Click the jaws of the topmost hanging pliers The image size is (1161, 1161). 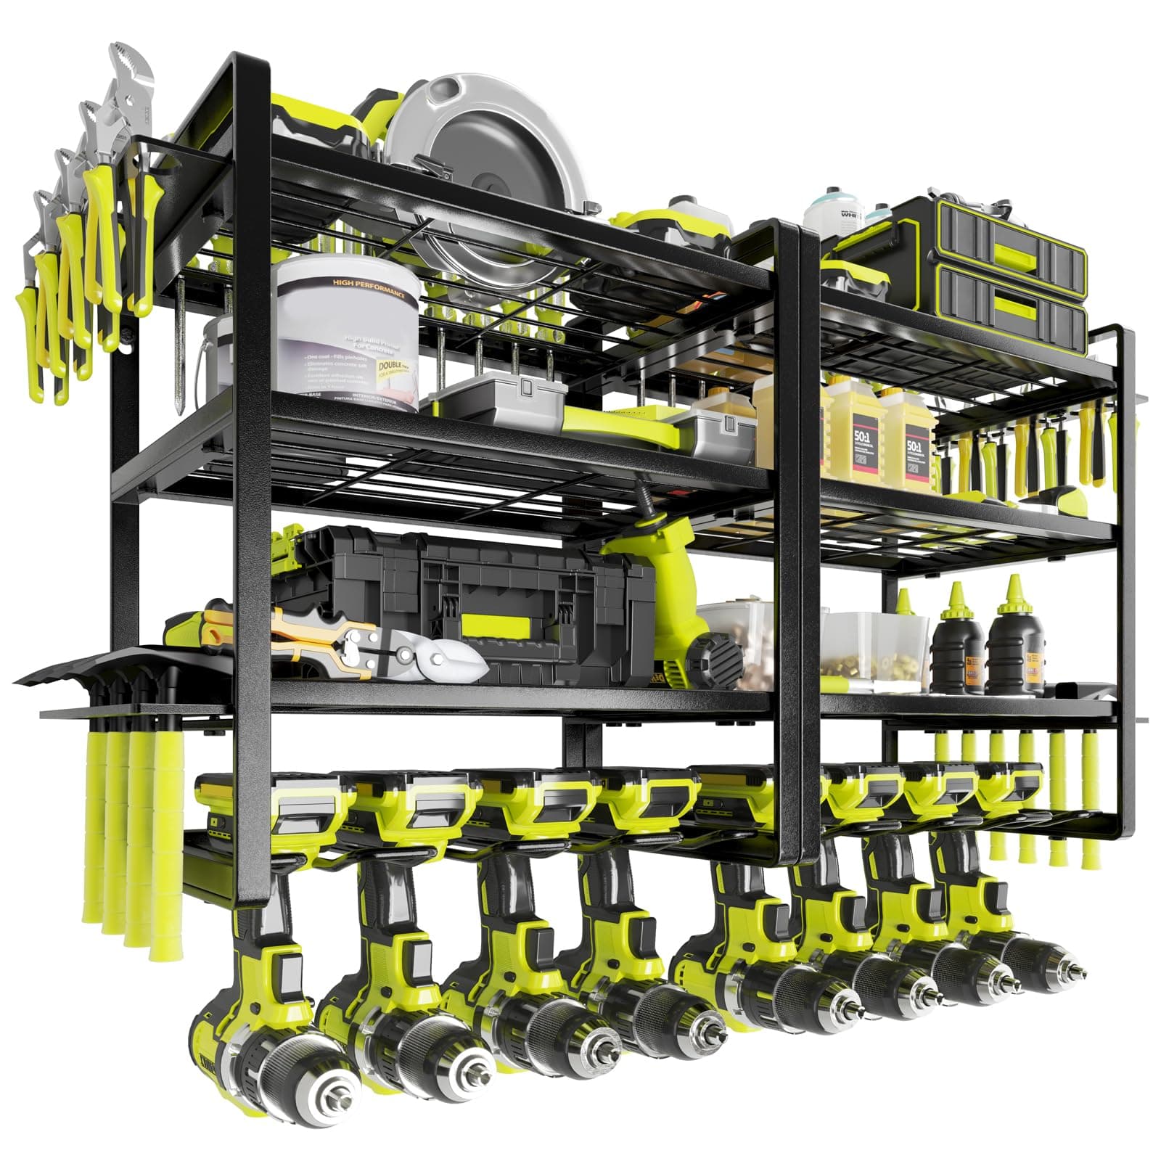pos(131,69)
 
